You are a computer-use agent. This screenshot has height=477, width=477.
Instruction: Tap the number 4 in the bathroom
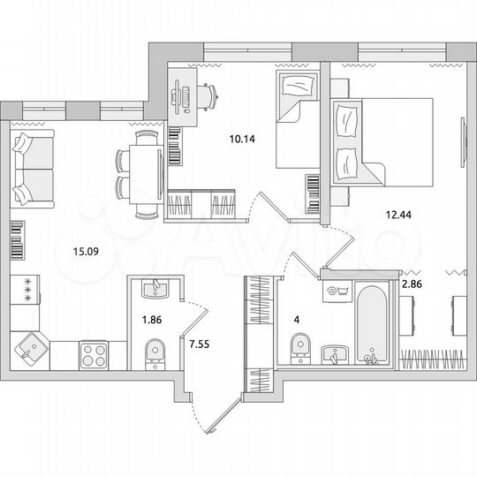tap(297, 321)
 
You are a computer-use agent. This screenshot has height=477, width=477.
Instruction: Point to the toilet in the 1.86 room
tap(154, 355)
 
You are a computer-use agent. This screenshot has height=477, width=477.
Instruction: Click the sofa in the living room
tap(33, 167)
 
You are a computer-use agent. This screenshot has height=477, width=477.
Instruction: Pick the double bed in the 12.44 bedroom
tap(382, 141)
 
